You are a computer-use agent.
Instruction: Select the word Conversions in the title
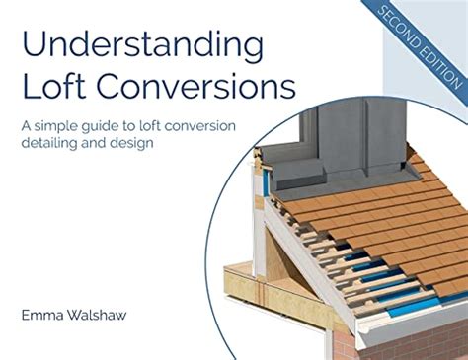(194, 87)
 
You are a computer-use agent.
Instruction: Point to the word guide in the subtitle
(119, 125)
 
